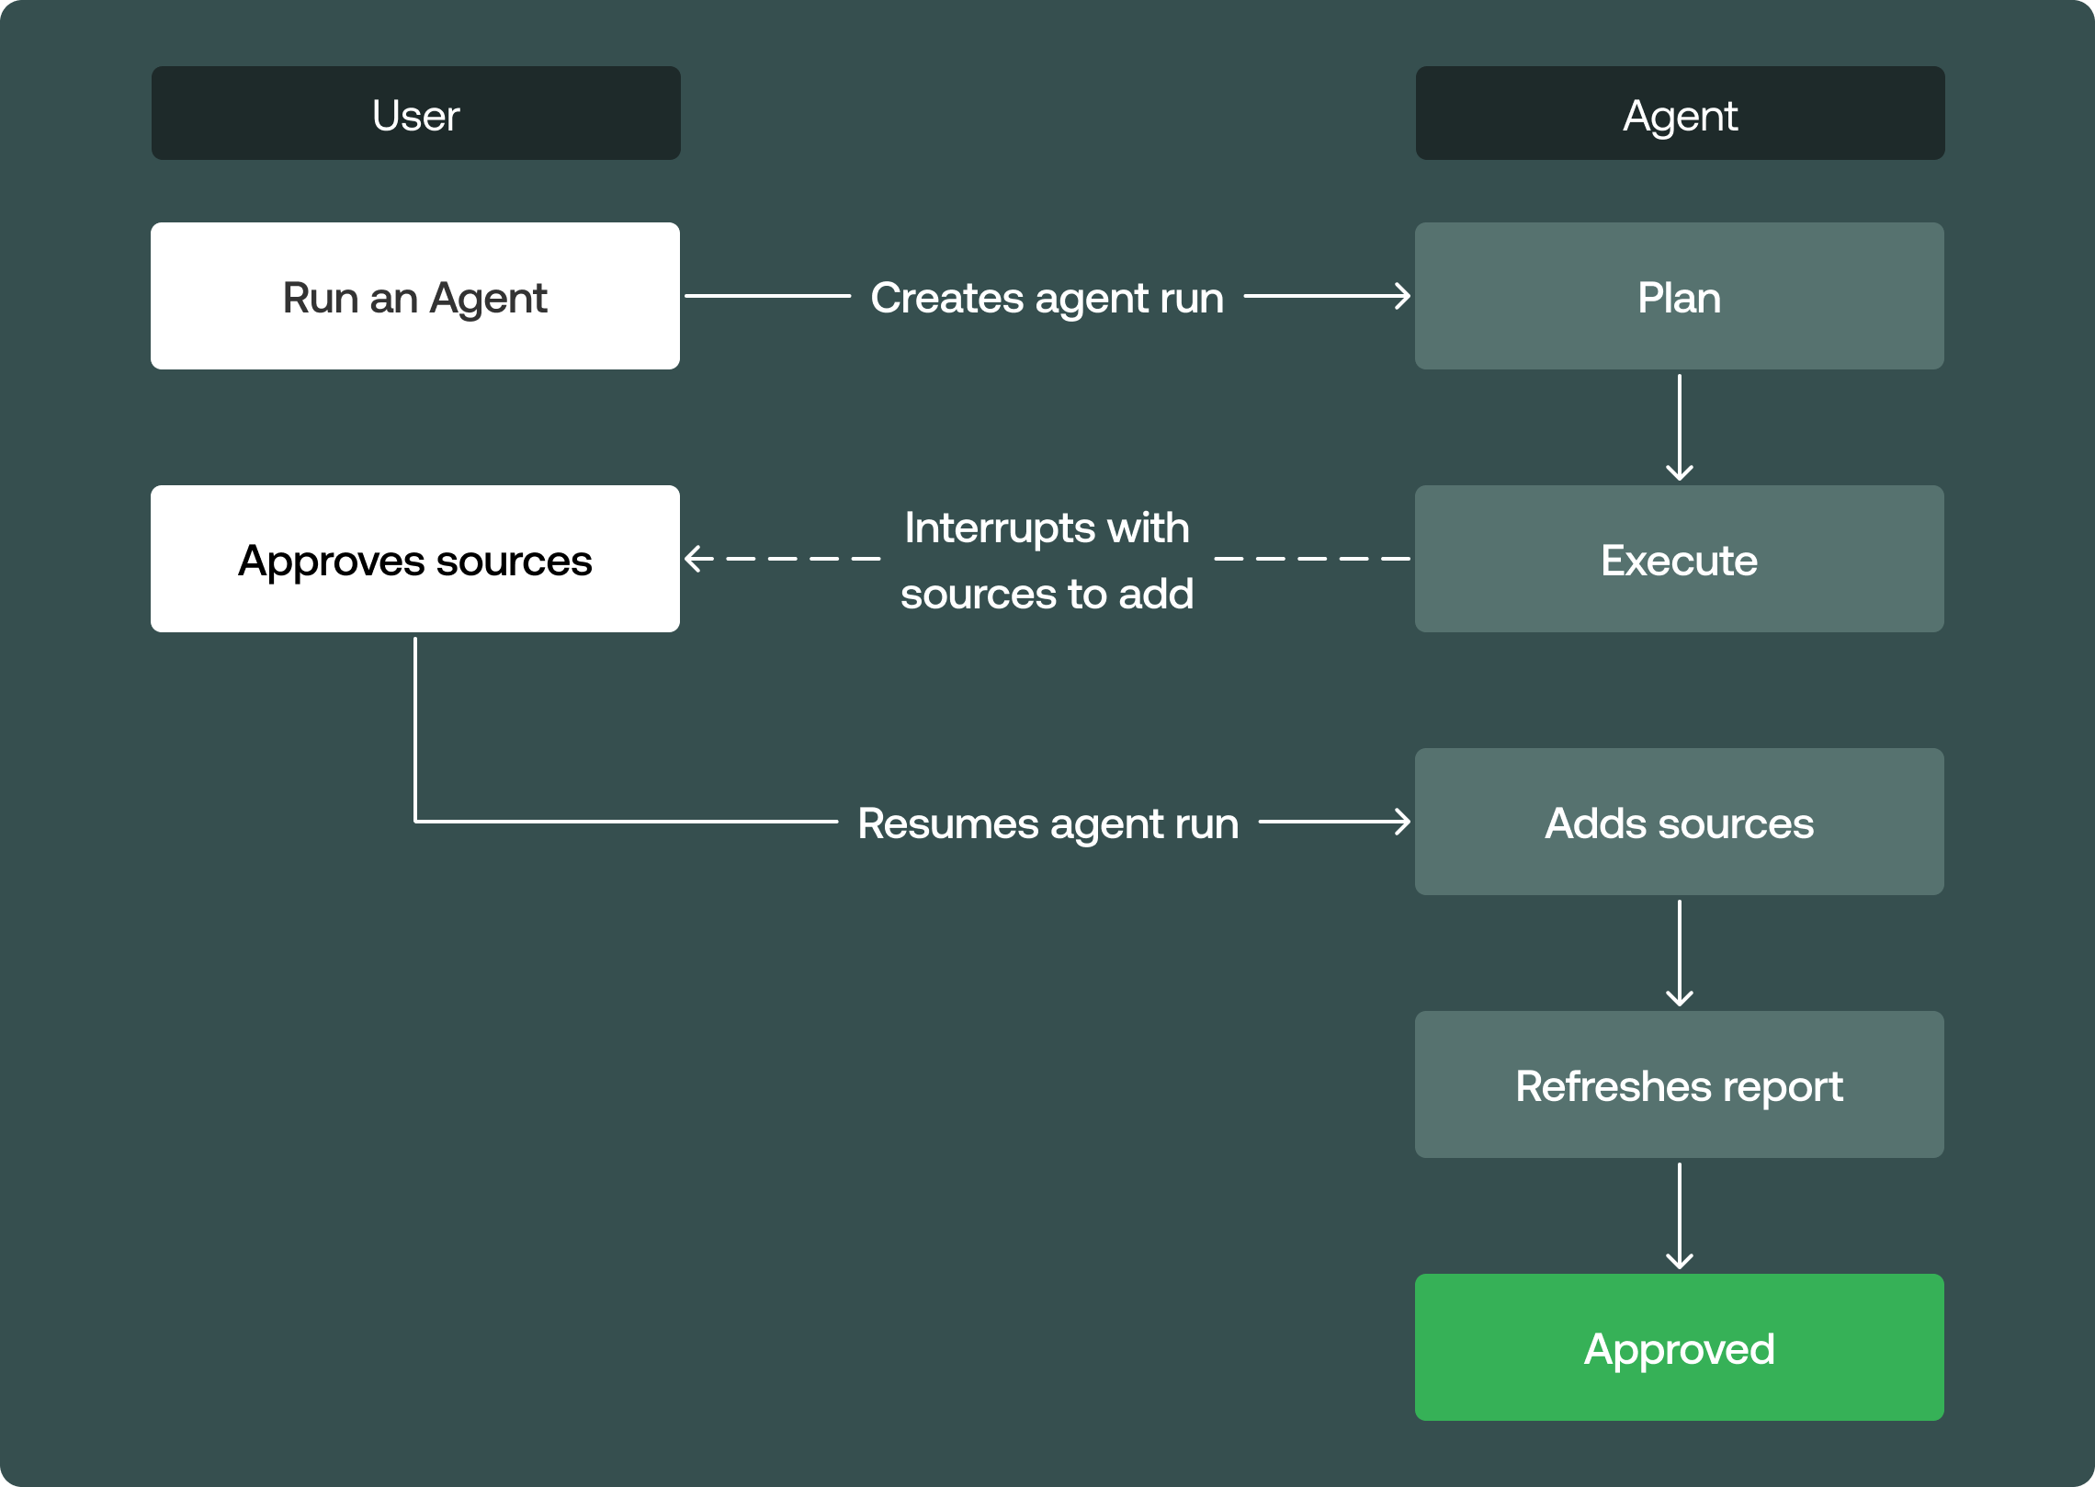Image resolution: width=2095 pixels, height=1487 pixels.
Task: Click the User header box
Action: (415, 113)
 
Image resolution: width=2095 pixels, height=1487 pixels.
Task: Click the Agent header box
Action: (1679, 113)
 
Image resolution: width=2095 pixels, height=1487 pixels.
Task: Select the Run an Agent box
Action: (415, 296)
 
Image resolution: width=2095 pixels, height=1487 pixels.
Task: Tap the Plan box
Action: (1679, 296)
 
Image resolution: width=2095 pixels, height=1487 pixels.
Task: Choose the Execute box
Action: (1679, 559)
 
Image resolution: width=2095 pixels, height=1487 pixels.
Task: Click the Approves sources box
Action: (415, 559)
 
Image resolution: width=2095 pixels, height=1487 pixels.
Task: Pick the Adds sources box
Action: (1679, 822)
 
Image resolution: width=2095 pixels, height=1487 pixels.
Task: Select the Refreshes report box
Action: (1679, 1084)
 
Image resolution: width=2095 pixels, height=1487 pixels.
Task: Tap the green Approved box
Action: (1679, 1347)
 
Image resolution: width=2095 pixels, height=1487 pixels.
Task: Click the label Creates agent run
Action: (1047, 298)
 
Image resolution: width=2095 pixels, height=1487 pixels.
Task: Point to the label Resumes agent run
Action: (1047, 823)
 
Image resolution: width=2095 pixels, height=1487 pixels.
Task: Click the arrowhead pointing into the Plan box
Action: (1403, 296)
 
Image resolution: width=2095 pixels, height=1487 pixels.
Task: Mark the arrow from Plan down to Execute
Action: (1679, 427)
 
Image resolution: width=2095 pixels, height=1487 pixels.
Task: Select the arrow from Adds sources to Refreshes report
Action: (1679, 953)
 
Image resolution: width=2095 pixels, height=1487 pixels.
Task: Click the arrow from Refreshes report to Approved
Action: (1679, 1216)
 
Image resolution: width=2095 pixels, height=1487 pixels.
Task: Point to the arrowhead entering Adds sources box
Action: (1403, 822)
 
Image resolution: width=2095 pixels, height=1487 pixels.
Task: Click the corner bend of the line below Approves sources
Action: (416, 821)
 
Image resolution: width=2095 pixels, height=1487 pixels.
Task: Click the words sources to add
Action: (1047, 594)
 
